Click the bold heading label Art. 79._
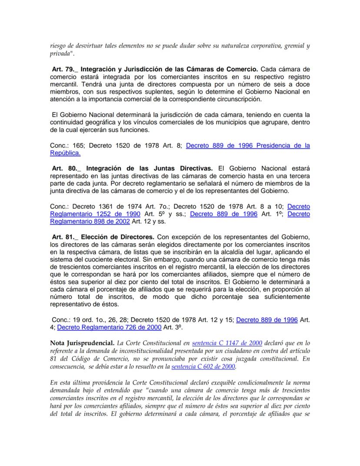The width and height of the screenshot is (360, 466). (x=64, y=69)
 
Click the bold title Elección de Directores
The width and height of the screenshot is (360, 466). (x=118, y=237)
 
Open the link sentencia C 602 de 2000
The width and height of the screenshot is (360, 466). (x=203, y=367)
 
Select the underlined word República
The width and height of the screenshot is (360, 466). (x=65, y=153)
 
